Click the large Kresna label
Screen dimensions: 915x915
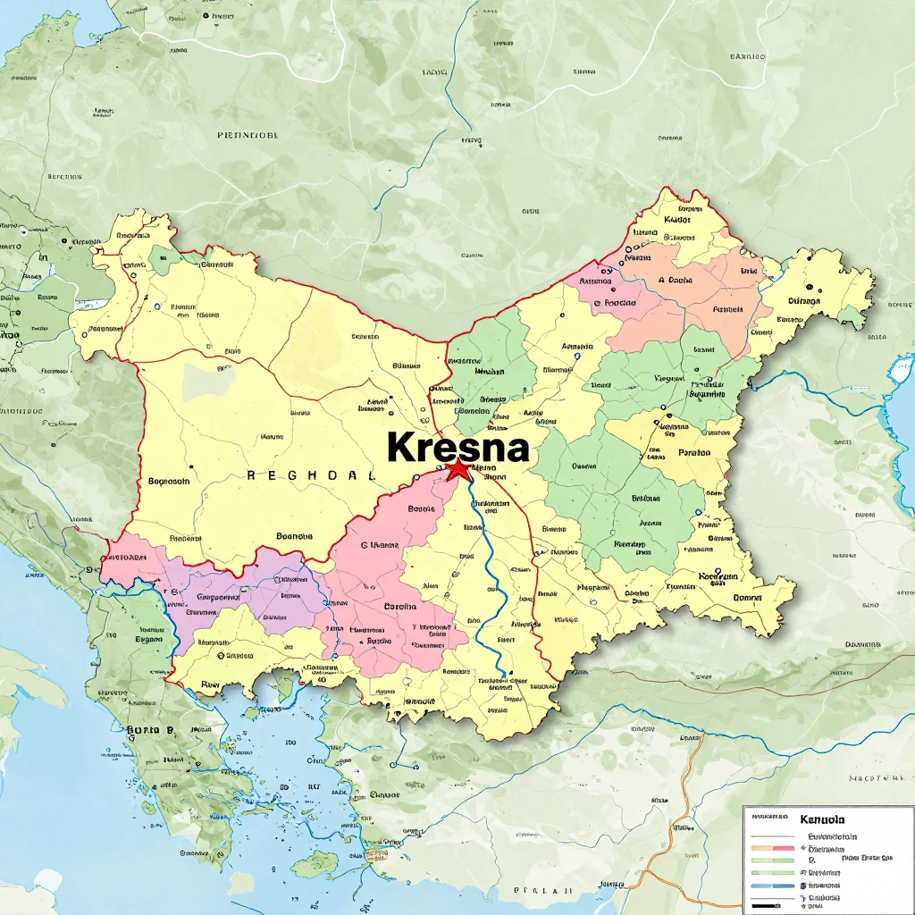pos(457,447)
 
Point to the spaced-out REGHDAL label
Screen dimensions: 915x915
pos(309,476)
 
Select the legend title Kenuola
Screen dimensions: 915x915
pos(822,818)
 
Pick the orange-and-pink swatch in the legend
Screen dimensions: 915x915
pos(773,846)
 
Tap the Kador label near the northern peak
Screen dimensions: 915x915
pos(678,218)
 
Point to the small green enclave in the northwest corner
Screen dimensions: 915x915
pos(163,258)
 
